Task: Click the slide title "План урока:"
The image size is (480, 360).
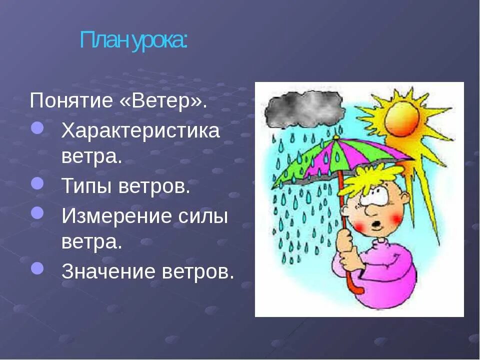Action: pos(134,40)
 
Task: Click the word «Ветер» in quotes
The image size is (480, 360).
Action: pos(163,100)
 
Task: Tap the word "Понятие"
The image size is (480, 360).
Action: pos(71,101)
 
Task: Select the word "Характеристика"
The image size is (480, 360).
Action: pos(140,131)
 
